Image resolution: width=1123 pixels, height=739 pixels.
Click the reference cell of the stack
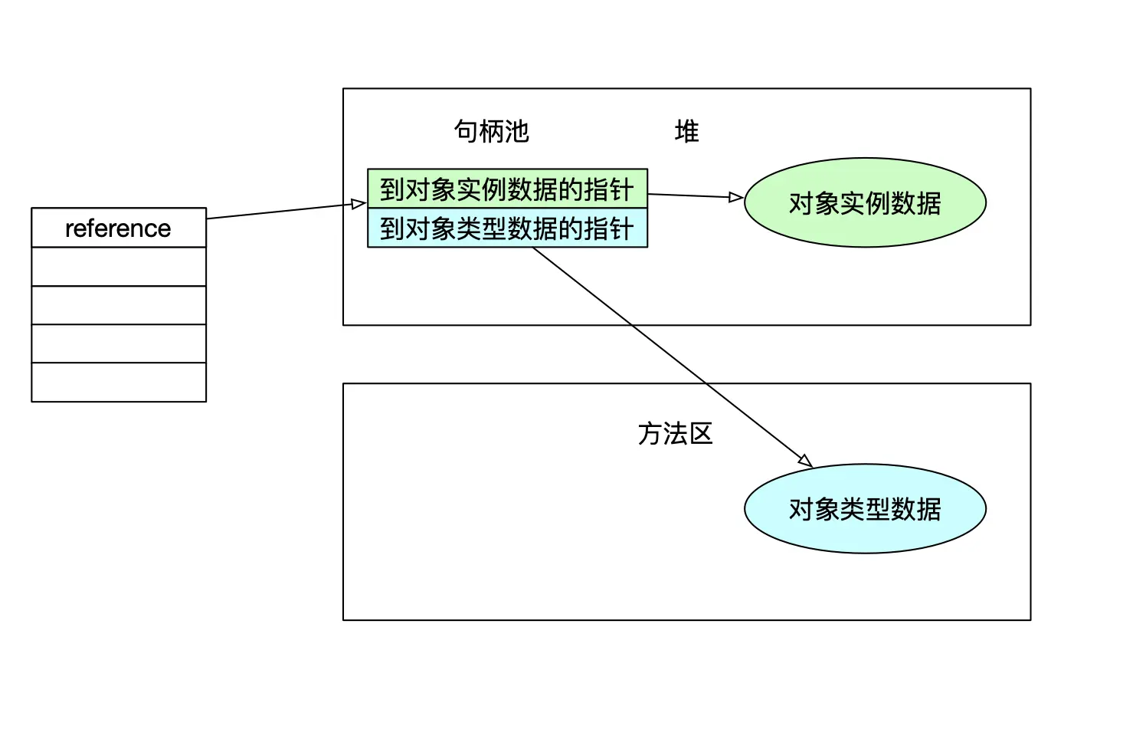coord(119,228)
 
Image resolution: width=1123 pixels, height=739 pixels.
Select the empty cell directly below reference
coord(119,267)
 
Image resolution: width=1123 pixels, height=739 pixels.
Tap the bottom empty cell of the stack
coord(119,382)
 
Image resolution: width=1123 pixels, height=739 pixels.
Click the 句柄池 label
coord(491,131)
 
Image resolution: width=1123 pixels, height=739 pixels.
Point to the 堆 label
coord(686,131)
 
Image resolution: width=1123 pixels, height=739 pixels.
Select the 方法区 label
coord(675,434)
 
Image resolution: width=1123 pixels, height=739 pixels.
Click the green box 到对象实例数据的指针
coord(507,189)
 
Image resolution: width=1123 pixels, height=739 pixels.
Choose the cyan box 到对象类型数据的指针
coord(507,228)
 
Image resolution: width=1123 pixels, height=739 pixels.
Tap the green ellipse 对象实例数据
coord(865,203)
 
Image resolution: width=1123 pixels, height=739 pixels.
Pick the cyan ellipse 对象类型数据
coord(865,508)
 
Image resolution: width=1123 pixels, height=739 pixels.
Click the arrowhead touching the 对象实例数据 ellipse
coord(735,198)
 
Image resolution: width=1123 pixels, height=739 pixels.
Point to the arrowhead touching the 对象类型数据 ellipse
coord(804,460)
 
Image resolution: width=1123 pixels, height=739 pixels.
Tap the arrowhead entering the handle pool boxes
coord(359,204)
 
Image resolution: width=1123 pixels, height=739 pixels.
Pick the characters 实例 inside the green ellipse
coord(865,203)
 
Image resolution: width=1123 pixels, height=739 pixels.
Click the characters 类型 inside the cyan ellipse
coord(865,508)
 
